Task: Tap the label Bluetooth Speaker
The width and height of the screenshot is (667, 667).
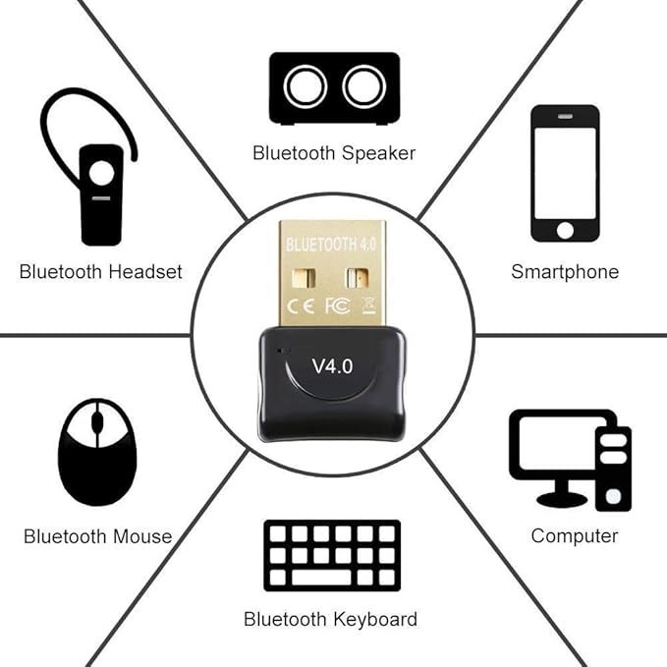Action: click(x=334, y=152)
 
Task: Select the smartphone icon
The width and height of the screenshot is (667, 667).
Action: click(x=565, y=173)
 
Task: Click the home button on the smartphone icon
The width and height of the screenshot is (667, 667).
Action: click(x=565, y=230)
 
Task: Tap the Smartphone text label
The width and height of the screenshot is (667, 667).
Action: click(x=565, y=272)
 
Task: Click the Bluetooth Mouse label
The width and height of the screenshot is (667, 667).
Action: click(x=97, y=536)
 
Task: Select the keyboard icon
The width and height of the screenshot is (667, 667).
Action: click(x=332, y=556)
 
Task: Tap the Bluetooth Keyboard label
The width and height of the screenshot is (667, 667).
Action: click(x=330, y=619)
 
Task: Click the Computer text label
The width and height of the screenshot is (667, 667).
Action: click(x=575, y=535)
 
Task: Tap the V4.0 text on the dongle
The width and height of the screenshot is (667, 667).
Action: click(x=332, y=365)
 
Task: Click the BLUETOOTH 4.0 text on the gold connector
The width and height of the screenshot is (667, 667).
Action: click(x=332, y=242)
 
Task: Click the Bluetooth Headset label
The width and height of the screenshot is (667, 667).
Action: click(x=101, y=272)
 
